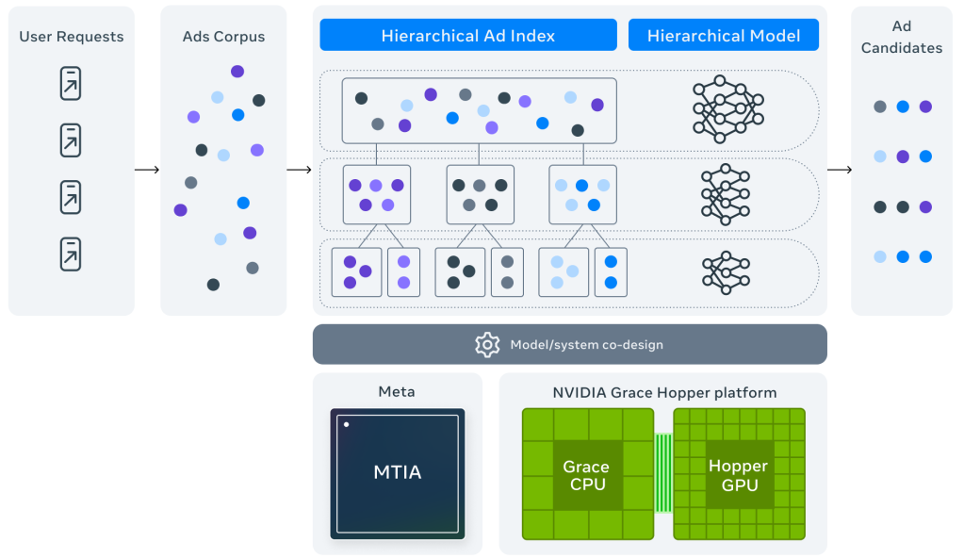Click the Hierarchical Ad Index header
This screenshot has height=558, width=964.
pos(468,36)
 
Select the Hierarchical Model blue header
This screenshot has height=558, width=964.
pos(724,36)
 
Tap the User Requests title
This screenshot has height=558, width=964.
pos(72,37)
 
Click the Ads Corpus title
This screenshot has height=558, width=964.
pos(223,37)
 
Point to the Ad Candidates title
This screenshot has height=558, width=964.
pos(901,37)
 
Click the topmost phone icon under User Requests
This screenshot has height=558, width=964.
pos(71,84)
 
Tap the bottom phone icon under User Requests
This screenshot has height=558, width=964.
pos(71,254)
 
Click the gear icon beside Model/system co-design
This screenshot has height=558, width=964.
pos(487,344)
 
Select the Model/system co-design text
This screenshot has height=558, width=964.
pos(586,345)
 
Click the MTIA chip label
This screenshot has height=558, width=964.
pos(397,472)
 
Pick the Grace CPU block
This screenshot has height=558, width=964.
pos(585,475)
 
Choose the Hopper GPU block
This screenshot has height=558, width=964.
pos(738,475)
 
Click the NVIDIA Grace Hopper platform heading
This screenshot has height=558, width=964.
pos(664,392)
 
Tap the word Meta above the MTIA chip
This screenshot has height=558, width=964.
pos(396,392)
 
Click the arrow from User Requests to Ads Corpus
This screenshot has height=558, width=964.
pos(147,170)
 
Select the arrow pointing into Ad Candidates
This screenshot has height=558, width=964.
pos(839,170)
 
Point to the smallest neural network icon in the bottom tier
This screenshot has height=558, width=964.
pos(726,270)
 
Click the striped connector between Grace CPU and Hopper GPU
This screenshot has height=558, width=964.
pos(663,473)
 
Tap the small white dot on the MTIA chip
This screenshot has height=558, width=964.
pos(347,425)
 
